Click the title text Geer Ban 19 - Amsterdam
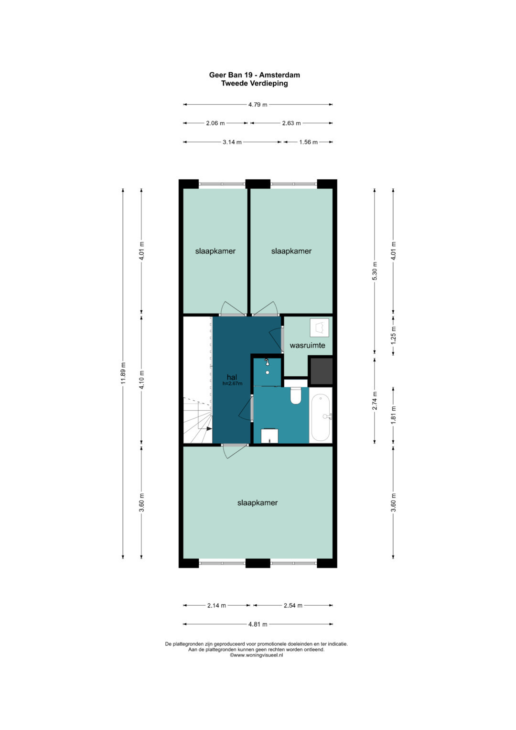pos(254,75)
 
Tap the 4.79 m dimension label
pos(258,105)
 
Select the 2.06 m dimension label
pos(215,123)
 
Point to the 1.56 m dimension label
pos(308,142)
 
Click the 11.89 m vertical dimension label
pos(123,373)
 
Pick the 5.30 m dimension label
pos(375,271)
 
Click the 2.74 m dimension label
pos(375,401)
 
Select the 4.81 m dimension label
pos(258,624)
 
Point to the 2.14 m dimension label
pos(216,606)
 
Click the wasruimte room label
pos(308,345)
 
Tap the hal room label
pos(232,377)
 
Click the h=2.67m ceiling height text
pos(233,383)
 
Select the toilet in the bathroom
pos(296,396)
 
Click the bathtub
pos(321,417)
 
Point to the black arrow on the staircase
pos(209,429)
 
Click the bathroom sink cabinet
pos(270,436)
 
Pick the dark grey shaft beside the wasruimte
pos(321,371)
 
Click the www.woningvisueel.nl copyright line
pos(257,655)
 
